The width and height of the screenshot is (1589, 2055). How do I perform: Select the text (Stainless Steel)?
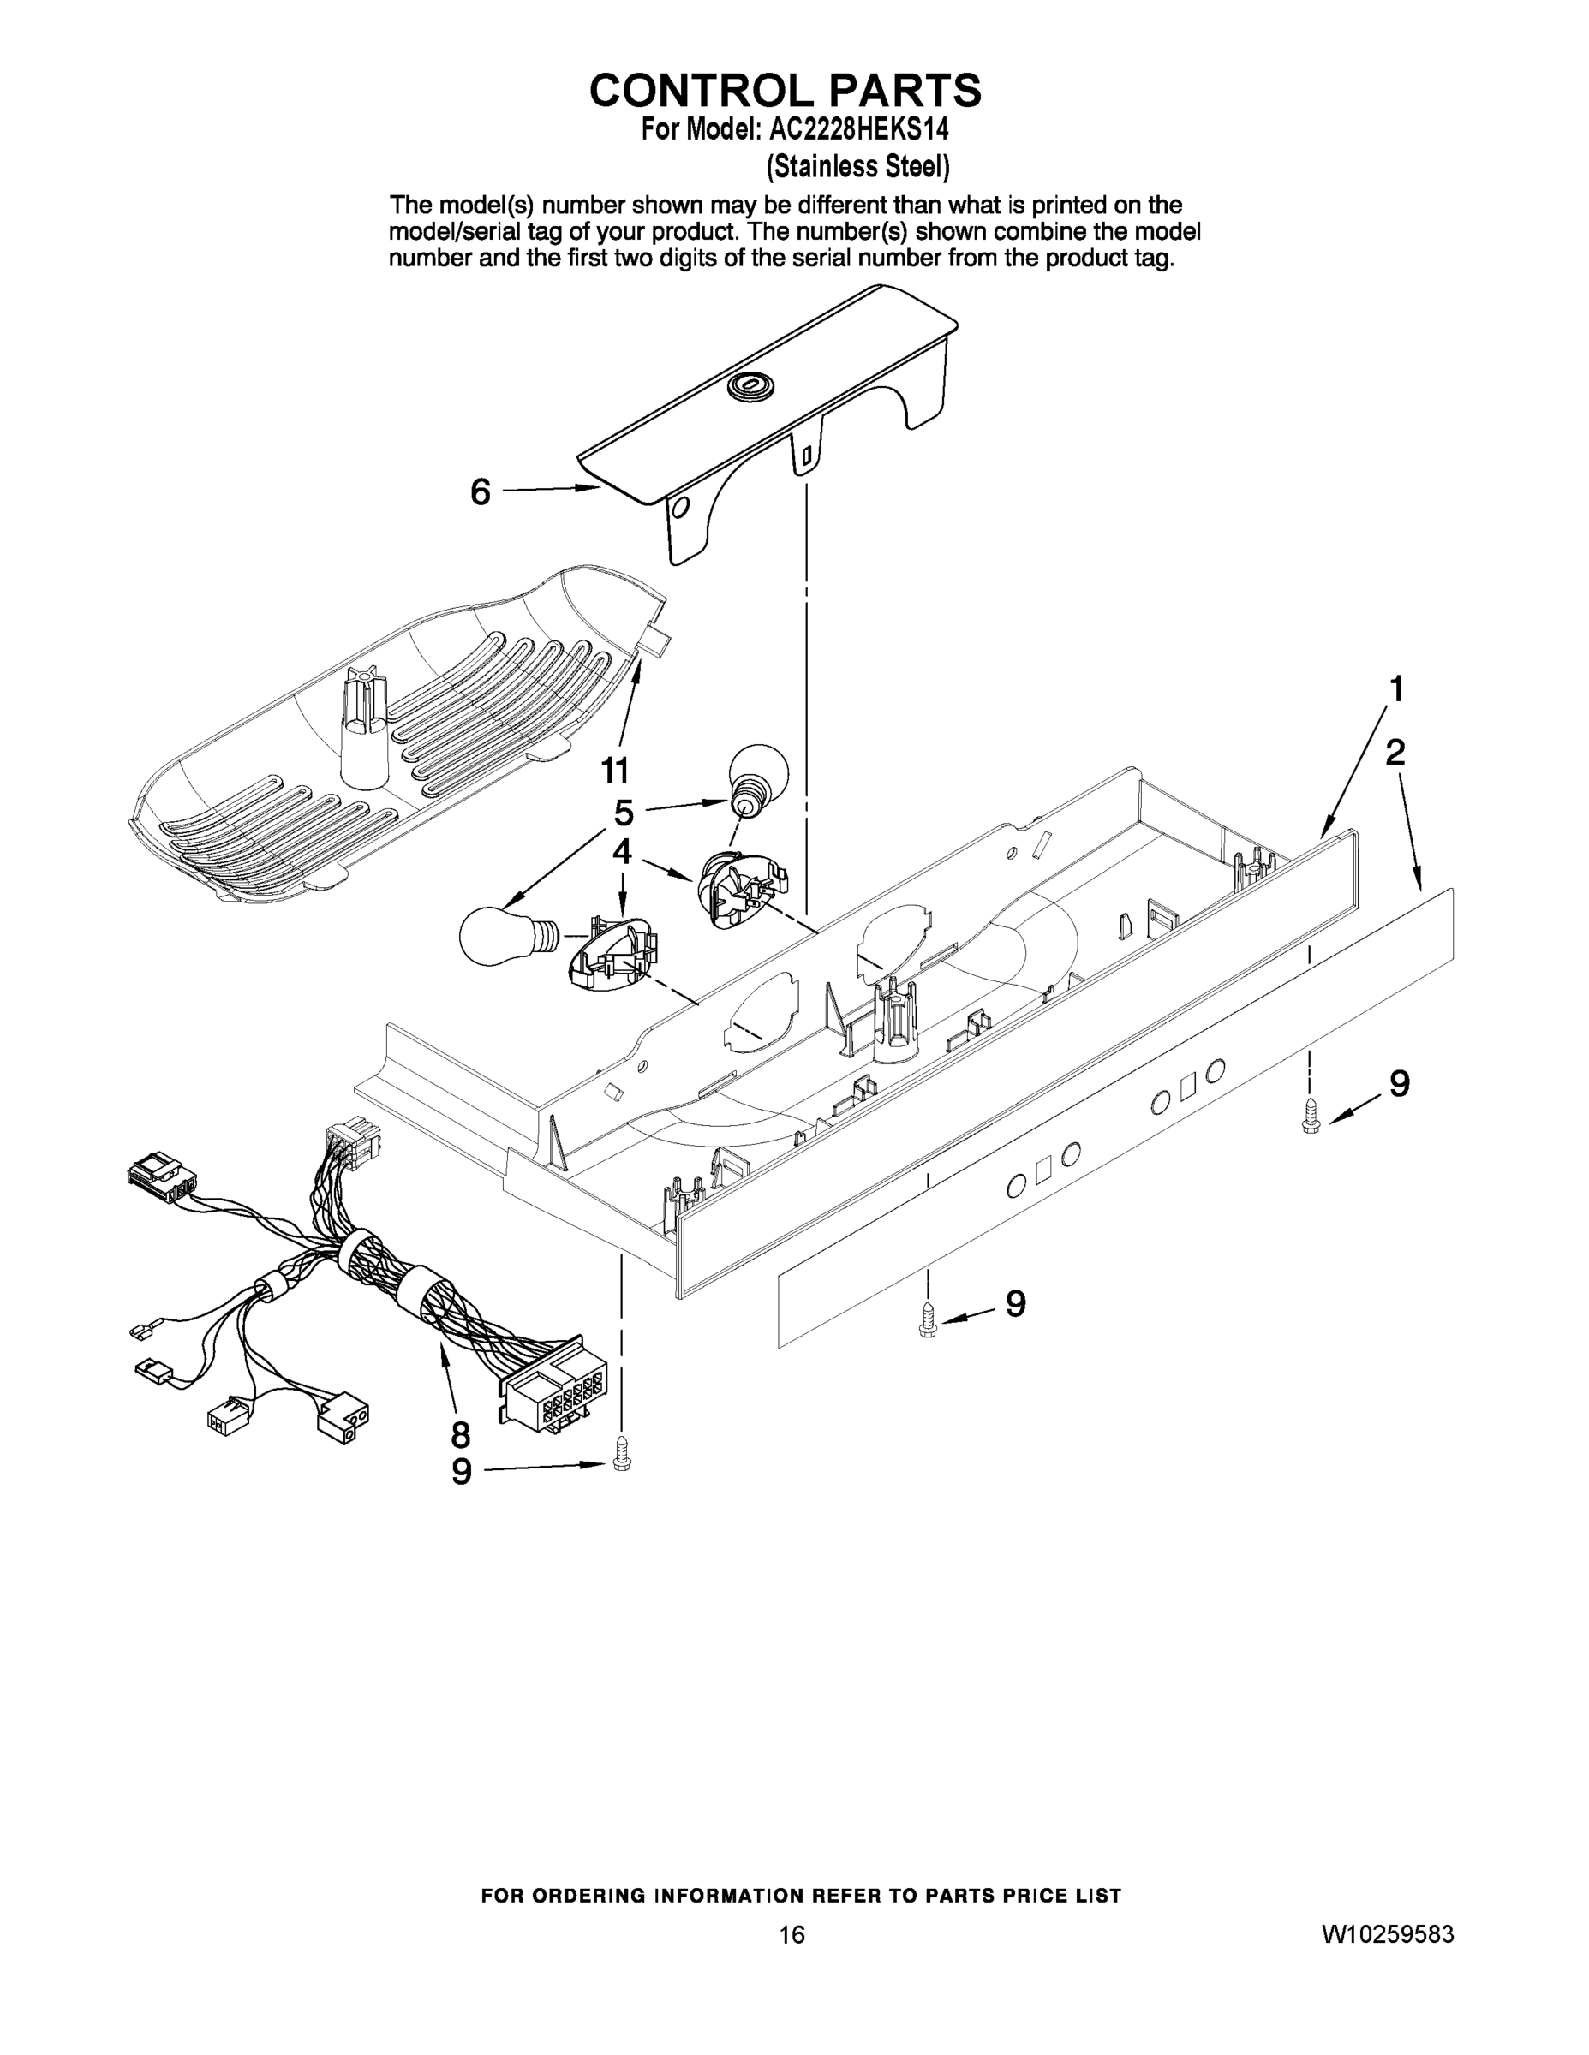[x=857, y=167]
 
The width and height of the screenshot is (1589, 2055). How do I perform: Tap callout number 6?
[x=480, y=491]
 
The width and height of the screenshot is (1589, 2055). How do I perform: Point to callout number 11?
[x=615, y=771]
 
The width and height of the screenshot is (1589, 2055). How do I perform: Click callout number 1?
[x=1397, y=689]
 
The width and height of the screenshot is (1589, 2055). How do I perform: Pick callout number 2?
[x=1395, y=752]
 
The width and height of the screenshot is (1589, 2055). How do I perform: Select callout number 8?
[x=460, y=1435]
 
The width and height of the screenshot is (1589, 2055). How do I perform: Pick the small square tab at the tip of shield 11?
[x=658, y=644]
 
